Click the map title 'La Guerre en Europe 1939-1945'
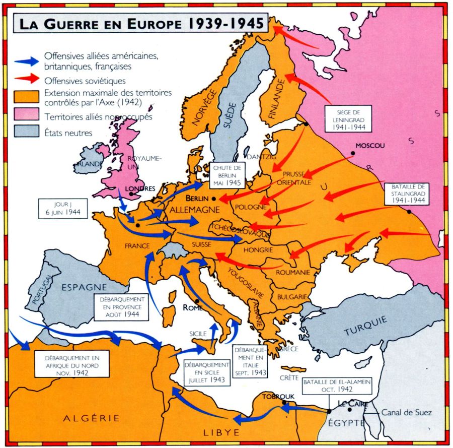click(x=141, y=23)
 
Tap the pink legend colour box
click(x=27, y=115)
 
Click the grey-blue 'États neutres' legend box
click(x=27, y=132)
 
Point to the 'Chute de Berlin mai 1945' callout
click(x=227, y=174)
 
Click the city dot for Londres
click(x=131, y=194)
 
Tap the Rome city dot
click(x=198, y=301)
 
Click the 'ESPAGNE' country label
click(x=82, y=287)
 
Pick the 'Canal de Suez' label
click(x=406, y=412)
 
